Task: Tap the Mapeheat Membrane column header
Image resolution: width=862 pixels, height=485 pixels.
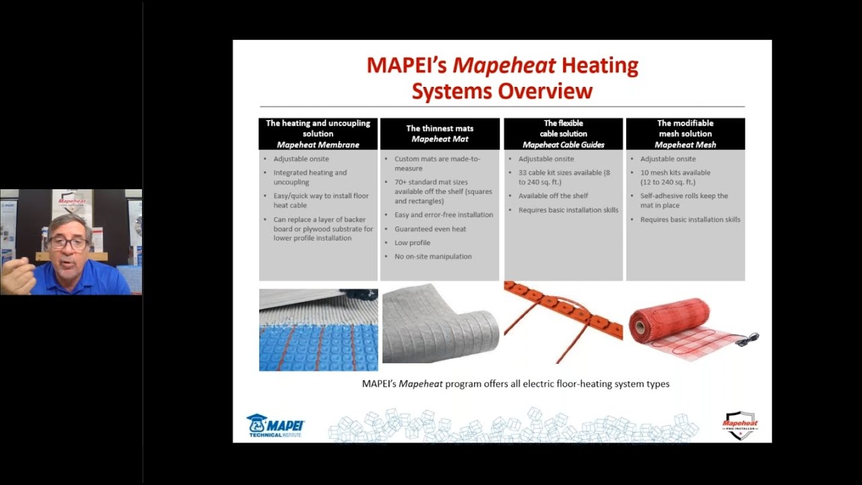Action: pos(318,134)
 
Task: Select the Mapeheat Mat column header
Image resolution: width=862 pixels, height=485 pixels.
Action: pos(440,134)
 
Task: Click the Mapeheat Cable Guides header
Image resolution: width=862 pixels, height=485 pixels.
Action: pos(563,134)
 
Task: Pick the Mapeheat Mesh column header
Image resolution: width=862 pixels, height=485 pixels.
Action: pos(685,134)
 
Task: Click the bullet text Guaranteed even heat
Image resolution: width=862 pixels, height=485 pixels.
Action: pos(430,229)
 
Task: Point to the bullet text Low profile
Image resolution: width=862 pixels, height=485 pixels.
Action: pos(412,243)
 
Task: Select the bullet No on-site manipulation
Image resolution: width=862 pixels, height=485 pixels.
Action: pos(433,257)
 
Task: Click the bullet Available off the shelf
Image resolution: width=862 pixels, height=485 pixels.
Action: pos(553,196)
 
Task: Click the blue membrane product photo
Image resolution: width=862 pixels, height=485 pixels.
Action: pos(319,330)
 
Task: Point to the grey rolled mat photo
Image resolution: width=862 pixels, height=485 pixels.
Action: pos(440,324)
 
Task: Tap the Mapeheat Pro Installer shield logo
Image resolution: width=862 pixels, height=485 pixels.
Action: pos(740,426)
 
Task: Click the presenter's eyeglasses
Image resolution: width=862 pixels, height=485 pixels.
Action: pos(68,244)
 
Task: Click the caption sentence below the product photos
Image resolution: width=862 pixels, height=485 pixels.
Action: pos(515,384)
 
